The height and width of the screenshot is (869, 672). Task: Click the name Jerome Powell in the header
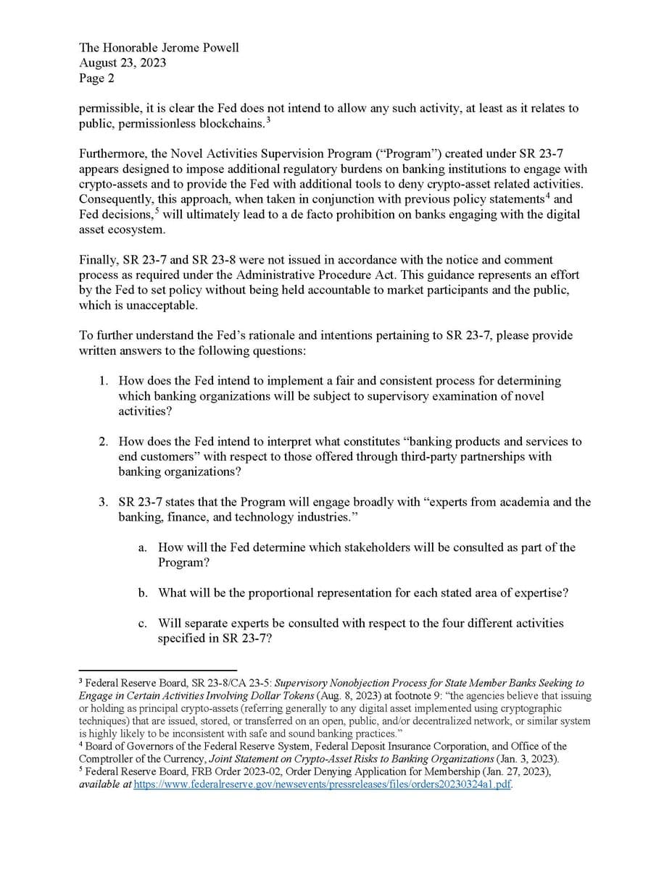click(201, 48)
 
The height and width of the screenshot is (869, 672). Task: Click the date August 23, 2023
click(123, 63)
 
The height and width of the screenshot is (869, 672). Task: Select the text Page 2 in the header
click(96, 78)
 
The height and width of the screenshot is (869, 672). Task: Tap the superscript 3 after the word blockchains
click(268, 119)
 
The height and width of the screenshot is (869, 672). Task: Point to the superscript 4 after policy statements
click(547, 196)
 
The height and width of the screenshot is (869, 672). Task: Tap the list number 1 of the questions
click(104, 381)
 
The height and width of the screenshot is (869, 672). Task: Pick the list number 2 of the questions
click(104, 442)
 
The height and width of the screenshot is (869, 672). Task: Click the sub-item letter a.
click(142, 548)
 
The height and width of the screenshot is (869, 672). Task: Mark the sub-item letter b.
click(143, 593)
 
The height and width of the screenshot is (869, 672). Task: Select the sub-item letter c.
click(142, 624)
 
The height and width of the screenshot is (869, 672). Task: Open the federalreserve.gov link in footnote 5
click(323, 785)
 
